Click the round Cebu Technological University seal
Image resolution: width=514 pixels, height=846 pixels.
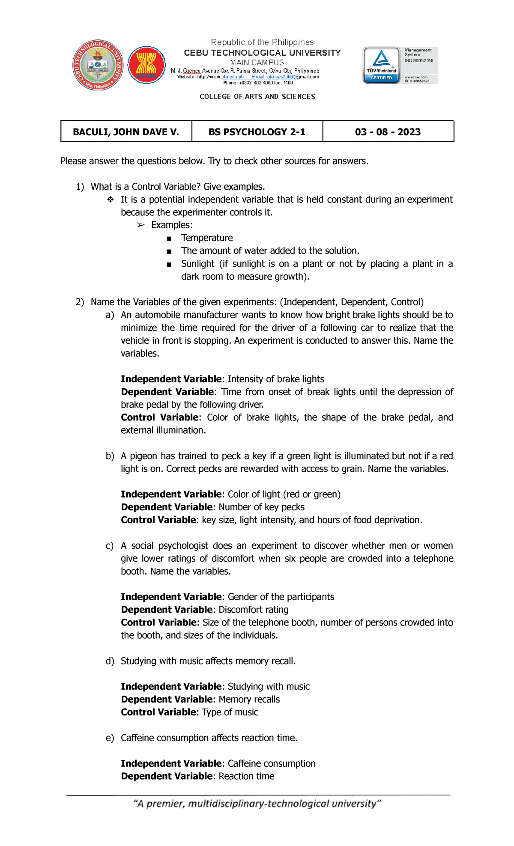tap(98, 65)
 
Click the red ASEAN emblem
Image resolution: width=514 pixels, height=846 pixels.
tap(146, 65)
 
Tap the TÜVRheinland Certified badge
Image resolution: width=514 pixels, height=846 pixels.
tap(381, 65)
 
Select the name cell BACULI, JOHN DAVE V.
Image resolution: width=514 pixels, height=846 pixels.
tap(126, 132)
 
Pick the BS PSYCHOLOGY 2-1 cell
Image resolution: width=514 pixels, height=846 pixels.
tap(257, 132)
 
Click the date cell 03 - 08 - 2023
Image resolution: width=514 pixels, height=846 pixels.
tap(388, 132)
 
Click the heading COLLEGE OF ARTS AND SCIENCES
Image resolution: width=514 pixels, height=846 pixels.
tap(257, 97)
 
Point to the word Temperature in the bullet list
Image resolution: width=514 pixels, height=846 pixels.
tap(207, 238)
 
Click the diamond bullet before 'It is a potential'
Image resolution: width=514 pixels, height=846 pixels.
tap(111, 200)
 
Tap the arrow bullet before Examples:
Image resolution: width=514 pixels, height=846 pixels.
tap(140, 225)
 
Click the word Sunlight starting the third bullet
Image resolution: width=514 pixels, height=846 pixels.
tap(197, 264)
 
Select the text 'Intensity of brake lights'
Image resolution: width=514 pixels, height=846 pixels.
tap(276, 379)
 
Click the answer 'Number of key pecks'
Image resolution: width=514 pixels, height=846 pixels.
tap(261, 507)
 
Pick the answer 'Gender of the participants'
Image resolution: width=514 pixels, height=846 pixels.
tap(281, 597)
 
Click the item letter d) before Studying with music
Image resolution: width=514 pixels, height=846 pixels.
tap(110, 661)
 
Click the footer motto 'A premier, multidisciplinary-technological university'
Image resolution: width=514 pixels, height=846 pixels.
tap(257, 804)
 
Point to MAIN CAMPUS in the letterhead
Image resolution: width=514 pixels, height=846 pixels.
tap(257, 63)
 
